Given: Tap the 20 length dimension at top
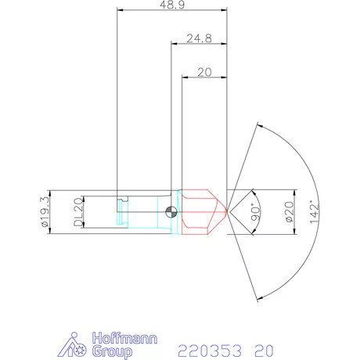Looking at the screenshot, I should pyautogui.click(x=205, y=71).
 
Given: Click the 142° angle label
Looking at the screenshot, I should pyautogui.click(x=315, y=211).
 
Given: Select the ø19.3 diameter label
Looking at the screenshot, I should pyautogui.click(x=46, y=211).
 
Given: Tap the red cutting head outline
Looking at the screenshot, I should pyautogui.click(x=202, y=211).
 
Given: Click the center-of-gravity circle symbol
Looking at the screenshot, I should pyautogui.click(x=171, y=211).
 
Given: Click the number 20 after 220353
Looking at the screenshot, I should pyautogui.click(x=264, y=349).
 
